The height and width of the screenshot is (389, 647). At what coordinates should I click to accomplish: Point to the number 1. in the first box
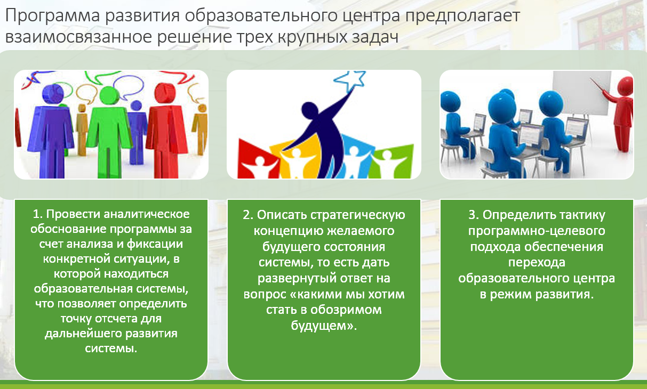point(37,215)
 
